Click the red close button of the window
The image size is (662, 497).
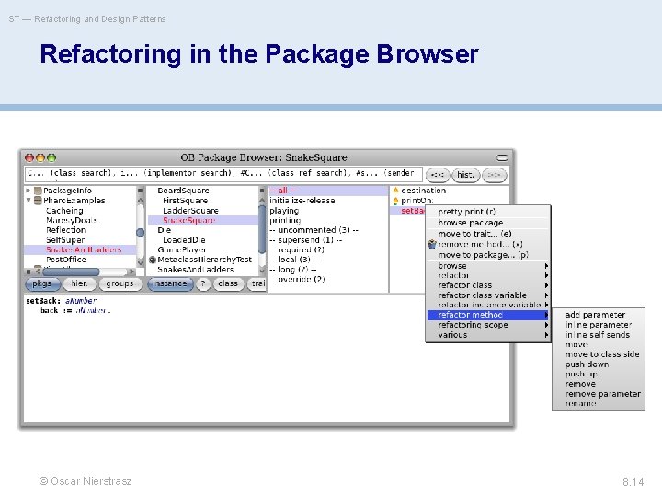(x=29, y=158)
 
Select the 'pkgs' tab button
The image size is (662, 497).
(x=42, y=283)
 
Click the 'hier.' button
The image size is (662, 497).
(x=80, y=283)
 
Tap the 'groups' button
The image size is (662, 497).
(x=120, y=283)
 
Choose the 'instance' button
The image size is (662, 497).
(x=169, y=283)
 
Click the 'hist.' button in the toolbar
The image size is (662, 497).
(x=465, y=174)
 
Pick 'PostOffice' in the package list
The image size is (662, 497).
(x=65, y=260)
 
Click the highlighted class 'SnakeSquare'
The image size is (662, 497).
(x=191, y=220)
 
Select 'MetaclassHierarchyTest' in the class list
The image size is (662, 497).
(x=204, y=260)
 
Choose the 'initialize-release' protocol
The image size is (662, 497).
(x=302, y=201)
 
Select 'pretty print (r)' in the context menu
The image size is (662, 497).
(x=473, y=212)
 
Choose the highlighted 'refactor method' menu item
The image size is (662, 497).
(x=470, y=315)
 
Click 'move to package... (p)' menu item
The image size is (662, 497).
(x=483, y=255)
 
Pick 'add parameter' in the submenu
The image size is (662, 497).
(x=595, y=315)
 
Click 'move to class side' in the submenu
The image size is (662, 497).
(x=602, y=354)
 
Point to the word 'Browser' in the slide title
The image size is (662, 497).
(x=428, y=54)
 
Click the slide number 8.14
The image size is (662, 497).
(x=633, y=481)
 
